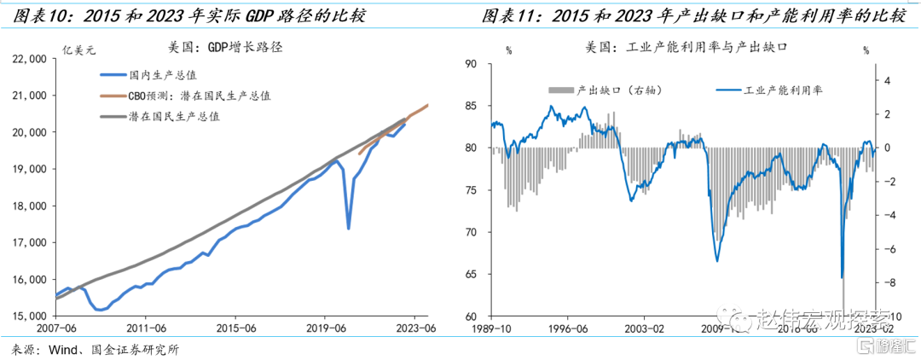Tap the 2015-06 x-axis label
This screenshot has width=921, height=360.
click(x=237, y=328)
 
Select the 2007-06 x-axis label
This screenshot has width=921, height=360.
click(x=55, y=328)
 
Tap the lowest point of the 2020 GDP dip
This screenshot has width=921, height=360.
click(x=348, y=228)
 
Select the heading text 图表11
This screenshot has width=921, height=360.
click(x=510, y=15)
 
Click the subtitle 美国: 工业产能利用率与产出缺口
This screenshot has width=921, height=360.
click(x=685, y=48)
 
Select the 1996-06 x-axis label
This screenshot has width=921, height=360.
click(x=568, y=328)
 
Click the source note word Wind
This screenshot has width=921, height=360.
click(x=63, y=349)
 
